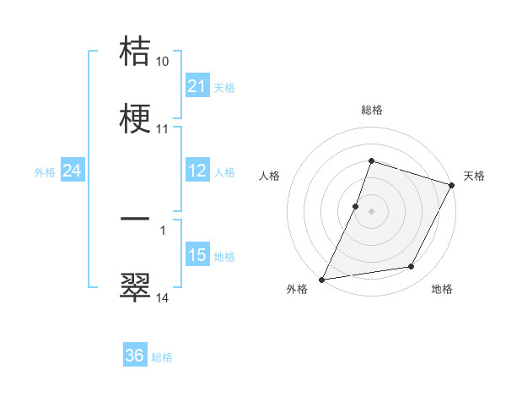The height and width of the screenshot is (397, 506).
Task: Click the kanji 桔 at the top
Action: click(136, 52)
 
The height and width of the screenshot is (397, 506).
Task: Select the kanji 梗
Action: click(136, 119)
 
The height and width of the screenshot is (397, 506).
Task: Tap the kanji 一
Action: click(136, 219)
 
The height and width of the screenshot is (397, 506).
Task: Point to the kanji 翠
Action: click(136, 286)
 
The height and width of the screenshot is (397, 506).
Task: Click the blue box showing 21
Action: click(196, 86)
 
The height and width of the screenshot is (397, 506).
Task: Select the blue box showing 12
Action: click(196, 171)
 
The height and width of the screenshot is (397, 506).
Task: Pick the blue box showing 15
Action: click(196, 255)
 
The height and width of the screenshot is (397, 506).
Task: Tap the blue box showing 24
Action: click(73, 171)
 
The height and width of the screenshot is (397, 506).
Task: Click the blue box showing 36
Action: click(135, 356)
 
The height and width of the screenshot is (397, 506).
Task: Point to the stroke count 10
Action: click(163, 62)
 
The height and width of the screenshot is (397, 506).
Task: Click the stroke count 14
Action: click(163, 297)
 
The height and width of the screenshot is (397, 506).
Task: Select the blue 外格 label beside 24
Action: click(45, 171)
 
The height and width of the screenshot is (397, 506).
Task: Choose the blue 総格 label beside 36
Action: click(162, 356)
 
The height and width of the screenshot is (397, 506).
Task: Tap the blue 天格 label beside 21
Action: click(224, 87)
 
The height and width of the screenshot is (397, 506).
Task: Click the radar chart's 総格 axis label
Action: click(372, 110)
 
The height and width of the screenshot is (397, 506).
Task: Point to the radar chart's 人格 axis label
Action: click(269, 176)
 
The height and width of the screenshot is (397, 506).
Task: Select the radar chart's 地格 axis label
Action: click(442, 290)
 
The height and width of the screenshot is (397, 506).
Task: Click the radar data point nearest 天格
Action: click(453, 185)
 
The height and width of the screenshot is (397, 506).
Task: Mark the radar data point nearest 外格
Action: click(322, 280)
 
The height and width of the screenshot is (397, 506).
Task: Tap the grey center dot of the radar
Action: click(371, 211)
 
